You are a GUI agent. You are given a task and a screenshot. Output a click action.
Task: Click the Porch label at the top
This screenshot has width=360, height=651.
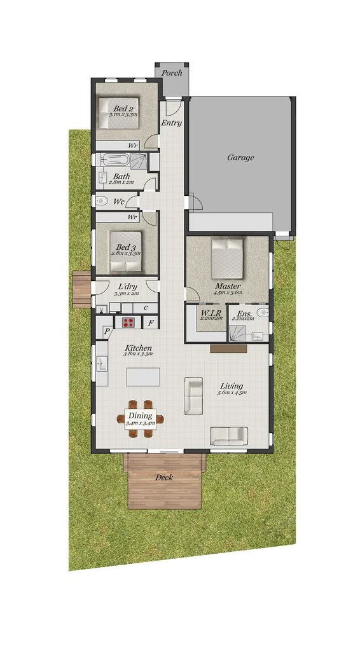(172, 72)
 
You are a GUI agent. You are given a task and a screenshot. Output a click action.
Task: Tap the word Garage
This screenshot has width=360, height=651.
(240, 158)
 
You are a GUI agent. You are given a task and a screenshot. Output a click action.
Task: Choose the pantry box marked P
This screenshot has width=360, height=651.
(107, 331)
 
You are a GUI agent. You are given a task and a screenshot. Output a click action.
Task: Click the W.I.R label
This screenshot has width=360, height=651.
(211, 313)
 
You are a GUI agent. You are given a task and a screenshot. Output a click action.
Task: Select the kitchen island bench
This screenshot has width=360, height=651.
(142, 377)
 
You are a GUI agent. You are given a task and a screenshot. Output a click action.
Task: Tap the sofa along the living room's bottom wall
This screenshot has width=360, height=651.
(228, 435)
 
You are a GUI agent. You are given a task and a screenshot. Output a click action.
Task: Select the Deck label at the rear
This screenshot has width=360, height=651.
(164, 477)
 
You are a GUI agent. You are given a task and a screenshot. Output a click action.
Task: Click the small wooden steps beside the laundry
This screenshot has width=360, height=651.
(81, 289)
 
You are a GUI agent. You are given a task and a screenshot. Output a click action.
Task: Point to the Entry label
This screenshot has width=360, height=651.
(171, 123)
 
